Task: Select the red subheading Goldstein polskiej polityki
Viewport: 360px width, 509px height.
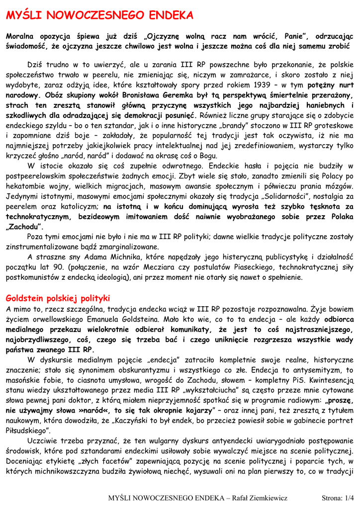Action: (57, 298)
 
